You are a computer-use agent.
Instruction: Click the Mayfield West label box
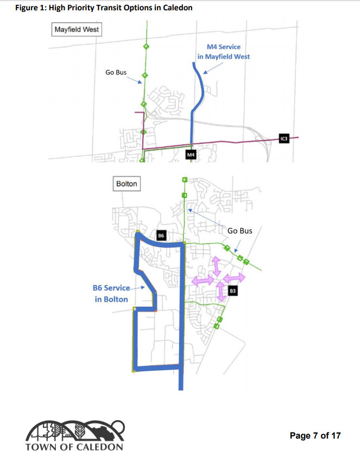pyautogui.click(x=76, y=29)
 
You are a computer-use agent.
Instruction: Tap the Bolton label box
pyautogui.click(x=127, y=184)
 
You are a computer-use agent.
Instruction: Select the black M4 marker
pyautogui.click(x=191, y=155)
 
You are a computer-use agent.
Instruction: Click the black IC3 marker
pyautogui.click(x=283, y=139)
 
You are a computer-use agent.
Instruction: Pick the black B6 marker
pyautogui.click(x=161, y=236)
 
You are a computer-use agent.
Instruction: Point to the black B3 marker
pyautogui.click(x=232, y=290)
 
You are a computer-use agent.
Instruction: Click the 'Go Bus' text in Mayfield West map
pyautogui.click(x=116, y=72)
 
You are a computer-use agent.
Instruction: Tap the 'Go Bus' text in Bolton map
pyautogui.click(x=239, y=231)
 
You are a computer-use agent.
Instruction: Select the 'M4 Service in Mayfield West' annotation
pyautogui.click(x=224, y=52)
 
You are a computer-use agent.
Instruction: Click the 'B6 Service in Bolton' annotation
pyautogui.click(x=111, y=294)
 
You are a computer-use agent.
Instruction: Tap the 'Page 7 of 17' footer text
pyautogui.click(x=315, y=435)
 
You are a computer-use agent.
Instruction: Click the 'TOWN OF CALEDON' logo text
pyautogui.click(x=74, y=447)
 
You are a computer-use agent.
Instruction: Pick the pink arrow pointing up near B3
pyautogui.click(x=215, y=267)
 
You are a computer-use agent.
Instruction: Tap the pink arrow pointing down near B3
pyautogui.click(x=221, y=291)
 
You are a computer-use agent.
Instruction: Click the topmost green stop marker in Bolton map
pyautogui.click(x=184, y=179)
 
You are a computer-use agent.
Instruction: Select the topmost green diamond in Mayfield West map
pyautogui.click(x=145, y=47)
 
